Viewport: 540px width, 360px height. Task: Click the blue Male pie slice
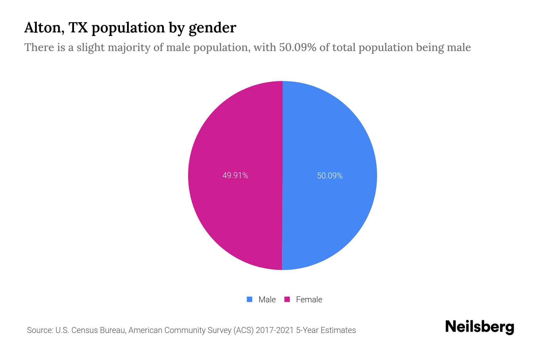click(330, 135)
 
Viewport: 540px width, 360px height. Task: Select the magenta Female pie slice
click(234, 135)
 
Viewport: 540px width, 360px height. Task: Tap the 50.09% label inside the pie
click(330, 176)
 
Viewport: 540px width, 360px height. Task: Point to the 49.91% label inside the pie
click(235, 175)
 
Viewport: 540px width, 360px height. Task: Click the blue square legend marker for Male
click(249, 299)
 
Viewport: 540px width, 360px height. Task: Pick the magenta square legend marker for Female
click(287, 299)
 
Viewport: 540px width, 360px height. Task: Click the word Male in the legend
click(267, 300)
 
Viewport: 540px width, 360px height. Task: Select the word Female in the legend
click(309, 300)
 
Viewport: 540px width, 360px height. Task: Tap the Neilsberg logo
click(479, 327)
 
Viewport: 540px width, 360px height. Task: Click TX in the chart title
click(78, 28)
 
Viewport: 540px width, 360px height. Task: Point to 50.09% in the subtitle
click(298, 47)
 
